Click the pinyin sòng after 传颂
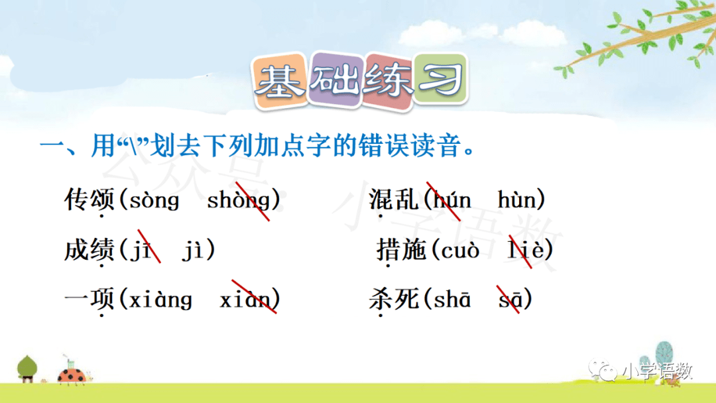[x=154, y=200]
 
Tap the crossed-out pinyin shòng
[x=239, y=200]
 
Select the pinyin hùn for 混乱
[x=516, y=200]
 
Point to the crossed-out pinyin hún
[x=451, y=200]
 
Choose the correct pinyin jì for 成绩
[x=193, y=250]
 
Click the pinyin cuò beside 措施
[x=460, y=250]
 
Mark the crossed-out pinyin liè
[x=525, y=250]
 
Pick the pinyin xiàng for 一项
[x=160, y=300]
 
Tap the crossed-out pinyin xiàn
[x=245, y=300]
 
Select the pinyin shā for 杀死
[x=451, y=299]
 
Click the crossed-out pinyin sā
[x=510, y=300]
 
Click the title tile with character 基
[x=280, y=82]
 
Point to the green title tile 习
[x=441, y=79]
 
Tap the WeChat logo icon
[x=603, y=370]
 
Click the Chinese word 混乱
[x=393, y=200]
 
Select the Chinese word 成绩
[x=89, y=250]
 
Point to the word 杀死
[x=393, y=300]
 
